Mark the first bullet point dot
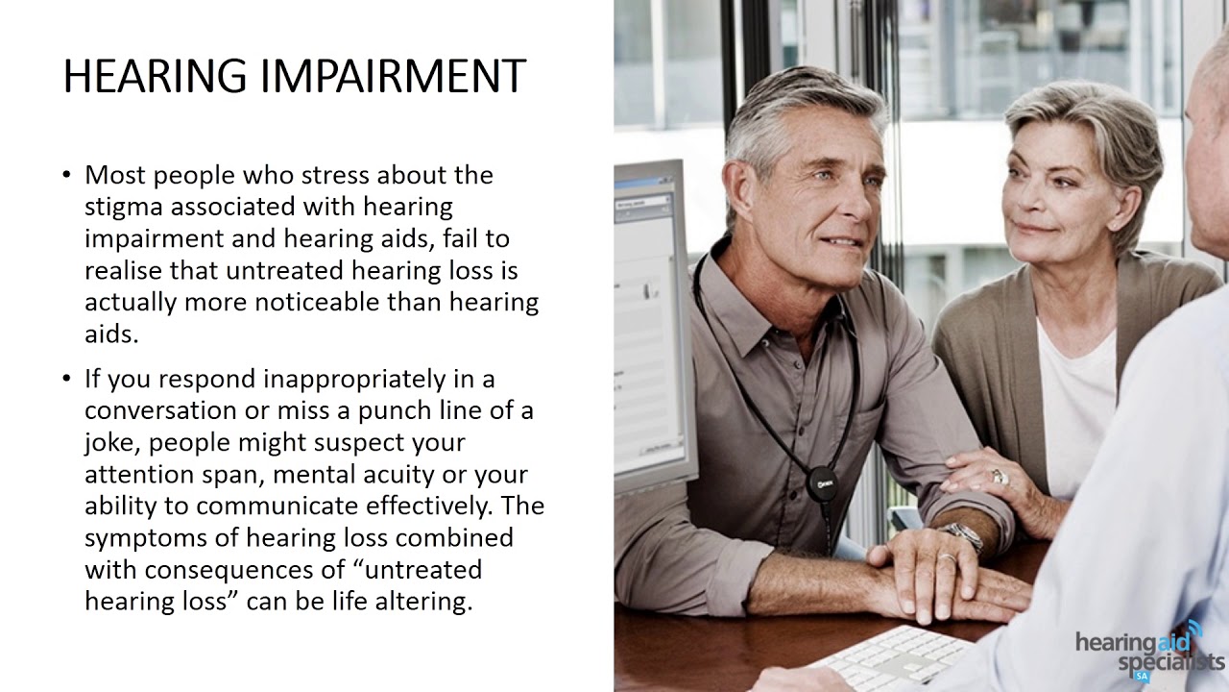pyautogui.click(x=66, y=175)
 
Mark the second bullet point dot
pyautogui.click(x=66, y=379)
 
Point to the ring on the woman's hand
pyautogui.click(x=999, y=476)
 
